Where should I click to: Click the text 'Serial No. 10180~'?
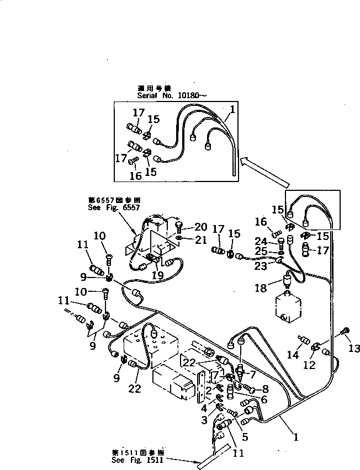[165, 95]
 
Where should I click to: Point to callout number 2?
[209, 389]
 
